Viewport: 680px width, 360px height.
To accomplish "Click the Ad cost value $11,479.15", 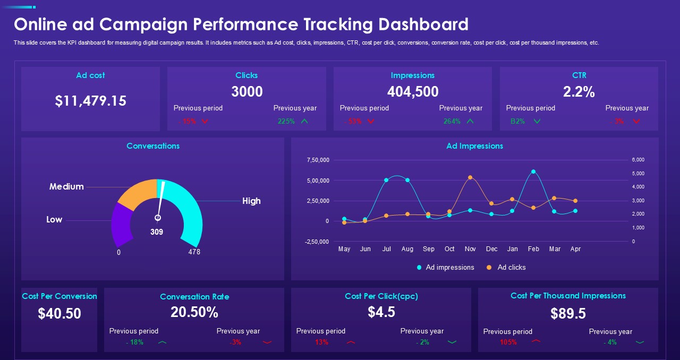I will click(90, 101).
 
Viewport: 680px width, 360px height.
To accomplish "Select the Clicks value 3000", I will click(246, 92).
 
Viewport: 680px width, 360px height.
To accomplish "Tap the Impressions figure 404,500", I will click(413, 92).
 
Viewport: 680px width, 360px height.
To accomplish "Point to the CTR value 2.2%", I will click(579, 92).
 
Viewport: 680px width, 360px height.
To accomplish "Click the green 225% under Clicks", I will click(286, 121).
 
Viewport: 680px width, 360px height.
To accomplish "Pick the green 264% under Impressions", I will click(452, 121).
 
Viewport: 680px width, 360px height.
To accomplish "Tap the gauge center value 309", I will click(157, 232).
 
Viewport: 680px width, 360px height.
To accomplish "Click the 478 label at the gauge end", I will click(194, 252).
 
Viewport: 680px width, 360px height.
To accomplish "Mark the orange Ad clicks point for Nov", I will click(470, 177).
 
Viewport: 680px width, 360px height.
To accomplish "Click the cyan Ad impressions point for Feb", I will click(533, 172).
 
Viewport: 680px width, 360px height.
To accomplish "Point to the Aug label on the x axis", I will click(407, 249).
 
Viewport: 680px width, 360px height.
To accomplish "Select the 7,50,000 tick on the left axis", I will click(318, 160).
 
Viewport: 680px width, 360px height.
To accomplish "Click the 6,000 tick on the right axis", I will click(637, 160).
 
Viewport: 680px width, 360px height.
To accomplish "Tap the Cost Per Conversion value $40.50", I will click(59, 313).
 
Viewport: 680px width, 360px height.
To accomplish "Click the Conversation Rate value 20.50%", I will click(194, 312).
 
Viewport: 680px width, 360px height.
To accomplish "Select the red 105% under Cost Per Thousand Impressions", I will click(508, 342).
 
